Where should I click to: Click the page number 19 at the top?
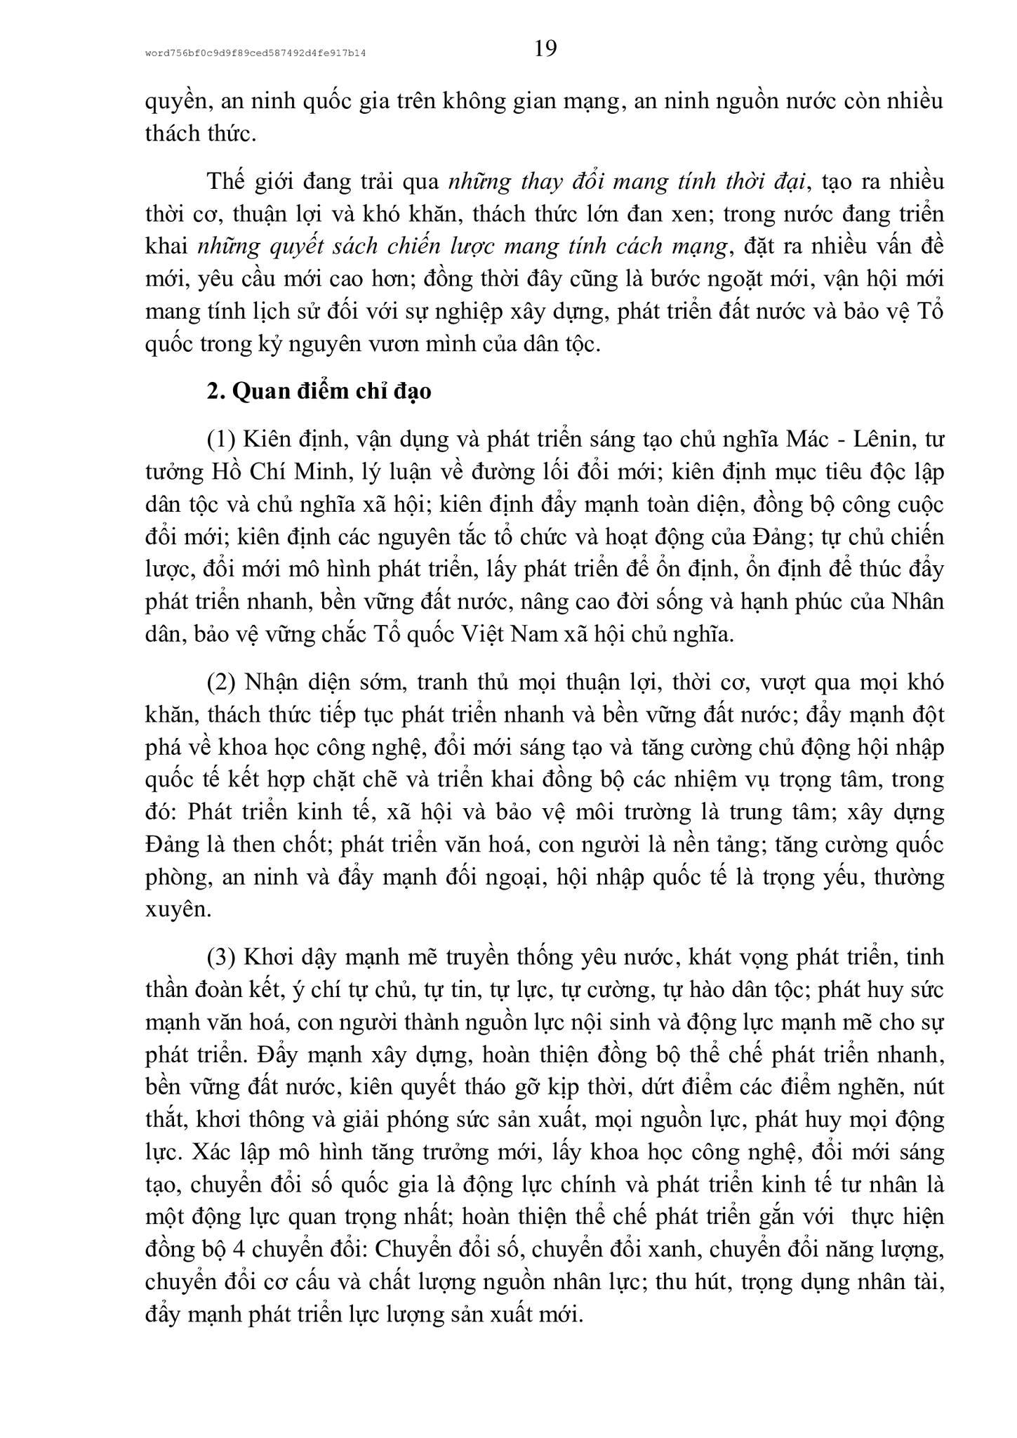click(x=545, y=48)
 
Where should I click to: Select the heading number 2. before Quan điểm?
click(x=215, y=391)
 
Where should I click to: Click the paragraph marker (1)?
click(x=223, y=440)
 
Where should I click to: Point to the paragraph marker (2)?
click(x=223, y=682)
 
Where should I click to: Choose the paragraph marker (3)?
click(x=223, y=958)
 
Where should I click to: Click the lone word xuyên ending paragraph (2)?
click(x=178, y=910)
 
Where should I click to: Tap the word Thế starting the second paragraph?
click(x=225, y=181)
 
